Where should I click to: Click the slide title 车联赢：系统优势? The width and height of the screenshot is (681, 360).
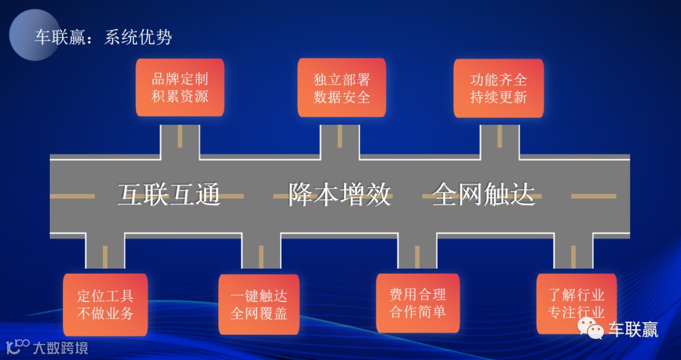click(103, 37)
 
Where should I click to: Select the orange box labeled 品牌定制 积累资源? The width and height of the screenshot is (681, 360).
click(180, 88)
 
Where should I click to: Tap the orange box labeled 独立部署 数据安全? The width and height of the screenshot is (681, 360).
click(341, 88)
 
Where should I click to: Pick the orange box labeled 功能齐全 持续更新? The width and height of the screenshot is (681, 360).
click(498, 88)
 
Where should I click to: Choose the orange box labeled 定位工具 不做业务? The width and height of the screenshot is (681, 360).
click(105, 304)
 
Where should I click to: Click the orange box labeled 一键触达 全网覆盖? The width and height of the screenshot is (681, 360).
click(259, 304)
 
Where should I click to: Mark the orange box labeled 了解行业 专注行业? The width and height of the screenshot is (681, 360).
click(575, 303)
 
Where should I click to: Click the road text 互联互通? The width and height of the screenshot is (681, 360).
click(169, 195)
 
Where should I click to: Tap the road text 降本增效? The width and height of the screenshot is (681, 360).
click(340, 195)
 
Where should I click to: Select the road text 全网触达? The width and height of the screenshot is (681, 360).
click(484, 195)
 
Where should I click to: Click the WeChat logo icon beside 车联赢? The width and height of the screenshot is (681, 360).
click(591, 328)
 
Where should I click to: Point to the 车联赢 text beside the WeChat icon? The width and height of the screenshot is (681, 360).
click(633, 329)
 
